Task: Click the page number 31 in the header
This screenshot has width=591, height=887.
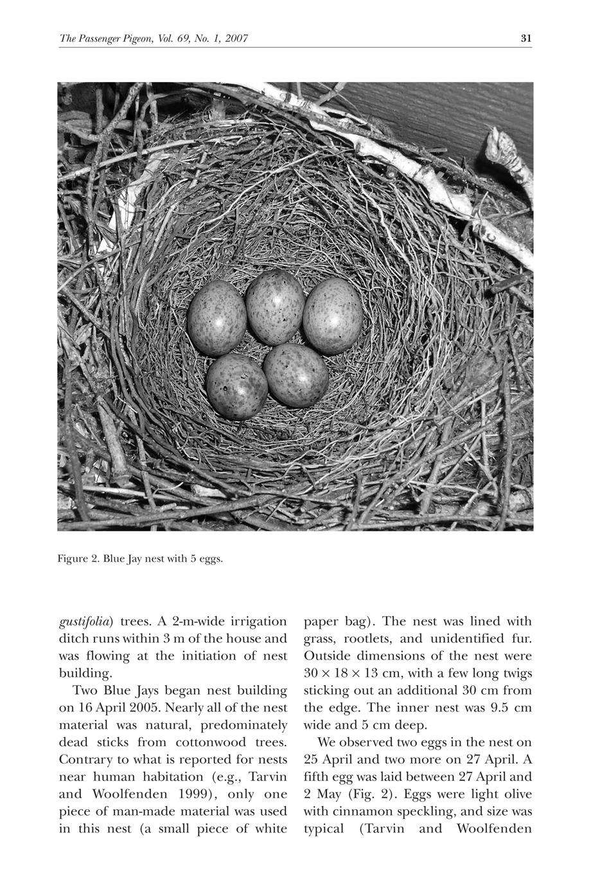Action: pos(526,39)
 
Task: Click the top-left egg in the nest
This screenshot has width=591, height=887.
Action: pos(216,318)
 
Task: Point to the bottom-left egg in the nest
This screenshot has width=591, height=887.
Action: pos(237,386)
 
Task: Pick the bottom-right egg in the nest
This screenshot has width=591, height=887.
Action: pos(296,375)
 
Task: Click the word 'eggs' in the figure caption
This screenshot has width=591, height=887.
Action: pos(210,559)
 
